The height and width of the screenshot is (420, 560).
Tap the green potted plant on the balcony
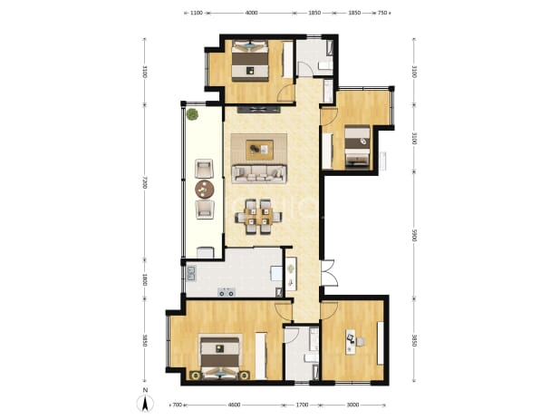192,114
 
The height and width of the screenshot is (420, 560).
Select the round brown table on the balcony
204,189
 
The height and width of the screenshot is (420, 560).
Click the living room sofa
259,174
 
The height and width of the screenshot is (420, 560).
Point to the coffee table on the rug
260,150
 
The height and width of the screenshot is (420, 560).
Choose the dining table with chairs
258,217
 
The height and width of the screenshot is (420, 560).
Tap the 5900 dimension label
414,235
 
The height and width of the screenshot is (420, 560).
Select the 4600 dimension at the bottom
234,405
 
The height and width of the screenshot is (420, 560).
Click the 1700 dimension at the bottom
302,405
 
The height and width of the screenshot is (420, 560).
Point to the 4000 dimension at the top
251,13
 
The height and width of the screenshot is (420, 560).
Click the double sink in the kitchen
191,273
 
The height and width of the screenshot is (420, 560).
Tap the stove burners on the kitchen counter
227,292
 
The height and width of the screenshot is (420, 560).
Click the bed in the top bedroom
250,61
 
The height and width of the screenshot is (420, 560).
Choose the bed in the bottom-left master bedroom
219,357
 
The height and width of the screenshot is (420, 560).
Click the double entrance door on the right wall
329,273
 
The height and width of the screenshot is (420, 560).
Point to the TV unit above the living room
258,110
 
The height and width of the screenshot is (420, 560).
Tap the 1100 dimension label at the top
197,13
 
